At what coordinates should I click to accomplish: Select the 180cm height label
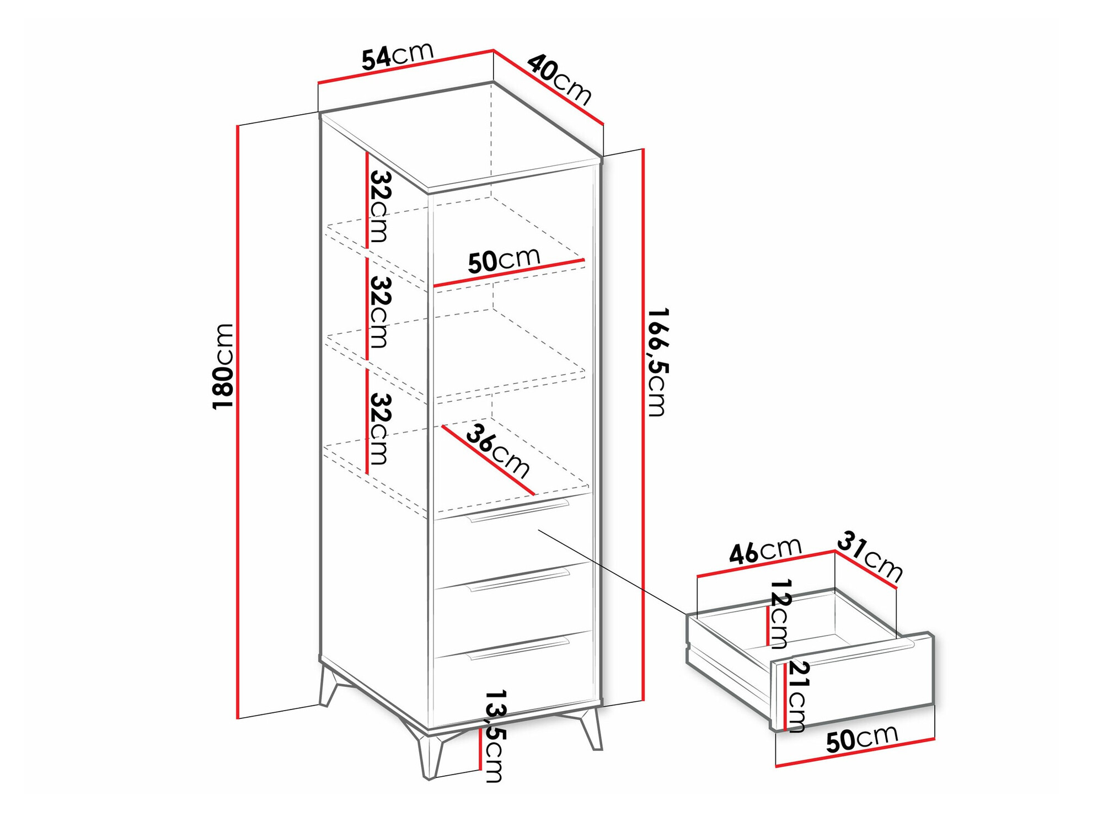[x=223, y=366]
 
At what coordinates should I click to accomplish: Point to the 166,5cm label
[x=657, y=362]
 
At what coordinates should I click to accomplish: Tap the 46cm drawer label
[x=765, y=551]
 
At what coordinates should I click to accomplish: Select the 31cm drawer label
[x=870, y=556]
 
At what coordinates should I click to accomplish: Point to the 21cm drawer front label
[x=797, y=696]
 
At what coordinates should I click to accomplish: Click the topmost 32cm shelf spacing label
[x=380, y=207]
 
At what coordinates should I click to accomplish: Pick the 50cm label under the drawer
[x=861, y=739]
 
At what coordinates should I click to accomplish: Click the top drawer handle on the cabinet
[x=518, y=510]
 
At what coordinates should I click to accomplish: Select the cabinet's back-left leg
[x=329, y=687]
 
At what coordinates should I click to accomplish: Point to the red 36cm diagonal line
[x=488, y=460]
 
